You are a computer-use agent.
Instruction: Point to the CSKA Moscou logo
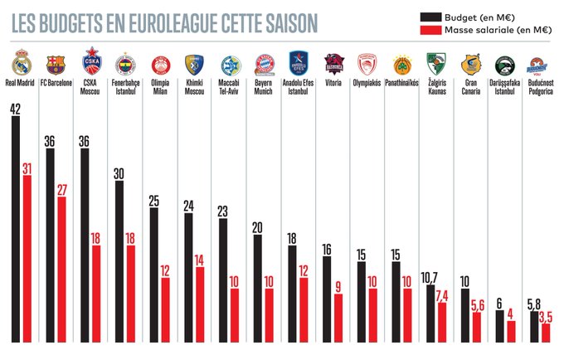[92, 61]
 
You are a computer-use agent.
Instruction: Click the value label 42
[16, 109]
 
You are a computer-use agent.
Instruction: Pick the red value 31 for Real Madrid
[27, 168]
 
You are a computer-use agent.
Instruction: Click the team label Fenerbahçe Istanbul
[126, 87]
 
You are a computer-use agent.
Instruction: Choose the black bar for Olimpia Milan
[154, 275]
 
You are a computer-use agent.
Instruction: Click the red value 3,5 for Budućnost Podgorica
[545, 317]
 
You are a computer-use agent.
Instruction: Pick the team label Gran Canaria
[470, 87]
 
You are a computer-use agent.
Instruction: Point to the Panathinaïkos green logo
[402, 64]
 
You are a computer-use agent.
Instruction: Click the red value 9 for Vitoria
[338, 287]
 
